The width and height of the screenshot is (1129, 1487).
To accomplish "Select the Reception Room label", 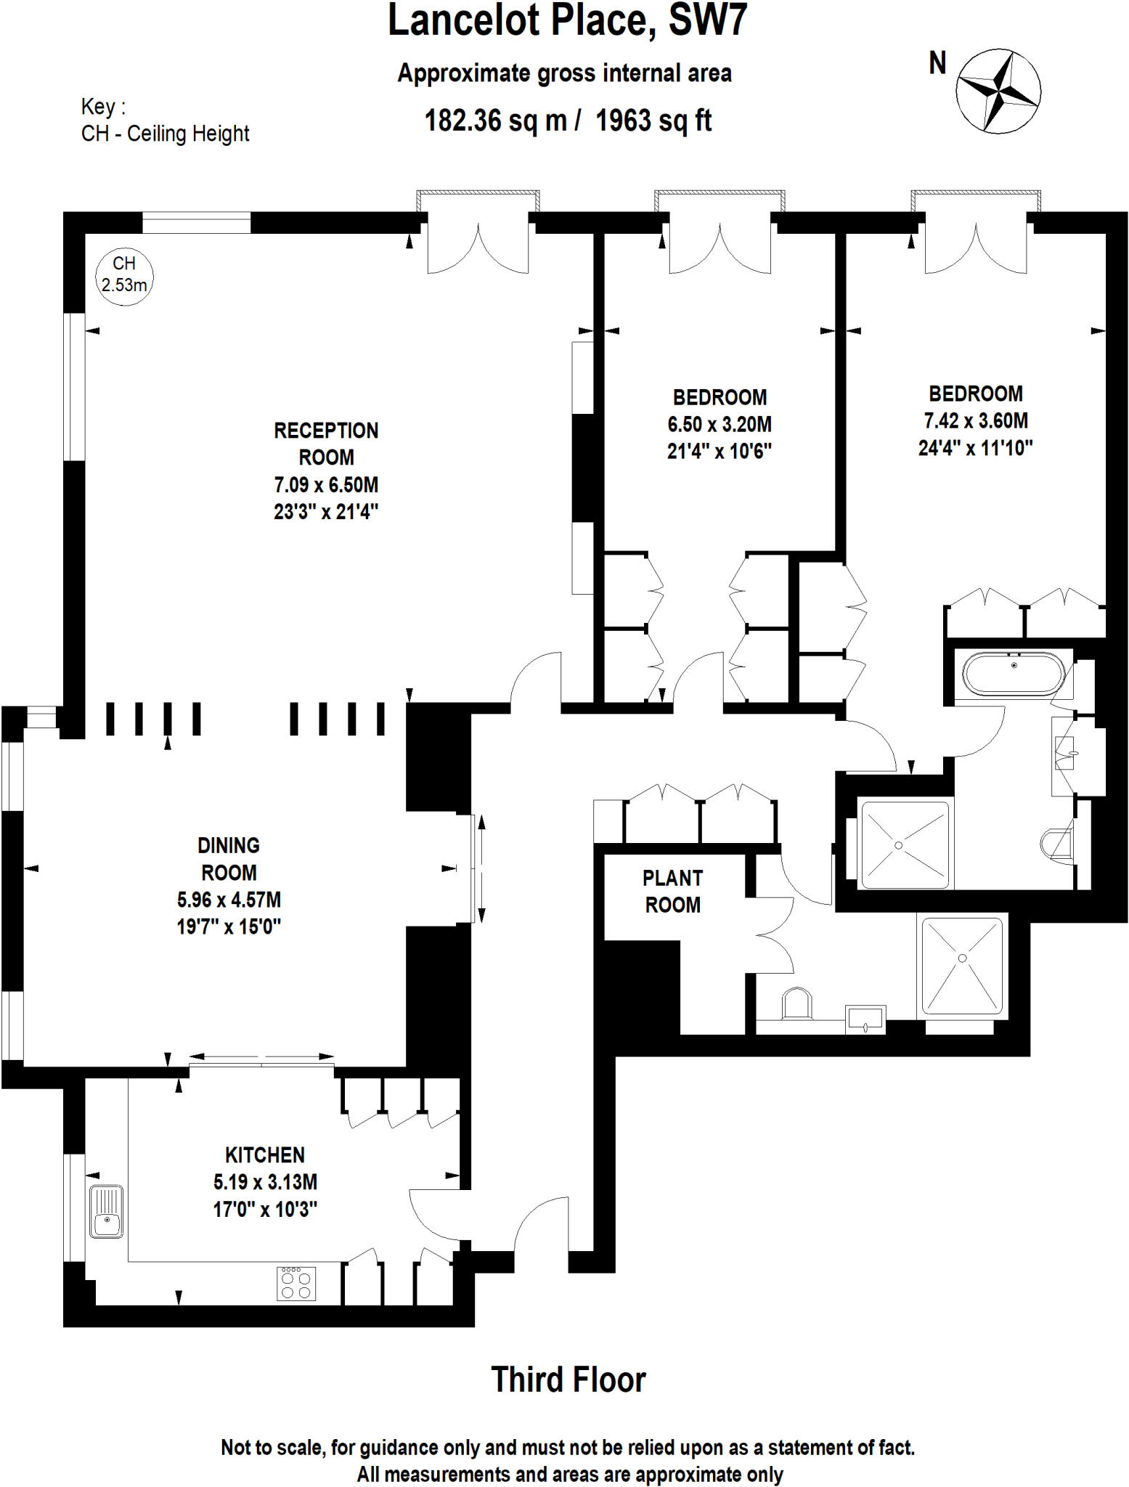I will point(326,444).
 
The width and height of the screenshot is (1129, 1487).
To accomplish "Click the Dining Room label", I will point(229,858).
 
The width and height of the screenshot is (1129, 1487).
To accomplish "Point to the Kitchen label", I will point(264,1154).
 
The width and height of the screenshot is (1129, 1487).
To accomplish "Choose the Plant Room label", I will point(672,891).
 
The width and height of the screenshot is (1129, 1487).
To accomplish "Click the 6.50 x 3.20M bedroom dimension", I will point(719,424).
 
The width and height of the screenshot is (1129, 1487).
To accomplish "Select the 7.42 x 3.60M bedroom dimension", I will point(975,420).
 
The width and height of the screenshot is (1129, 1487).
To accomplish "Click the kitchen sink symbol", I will point(106,1211).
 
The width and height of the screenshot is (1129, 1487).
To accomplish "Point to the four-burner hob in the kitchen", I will point(296,1283).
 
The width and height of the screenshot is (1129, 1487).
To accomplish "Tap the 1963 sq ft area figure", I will point(653,121).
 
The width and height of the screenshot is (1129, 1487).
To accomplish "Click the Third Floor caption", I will point(568,1380).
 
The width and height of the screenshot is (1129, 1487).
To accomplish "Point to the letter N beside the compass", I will point(937,63).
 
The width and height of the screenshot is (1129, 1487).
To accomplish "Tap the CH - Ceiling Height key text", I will point(165,134).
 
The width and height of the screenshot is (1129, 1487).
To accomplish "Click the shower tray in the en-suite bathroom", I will point(903,844).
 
